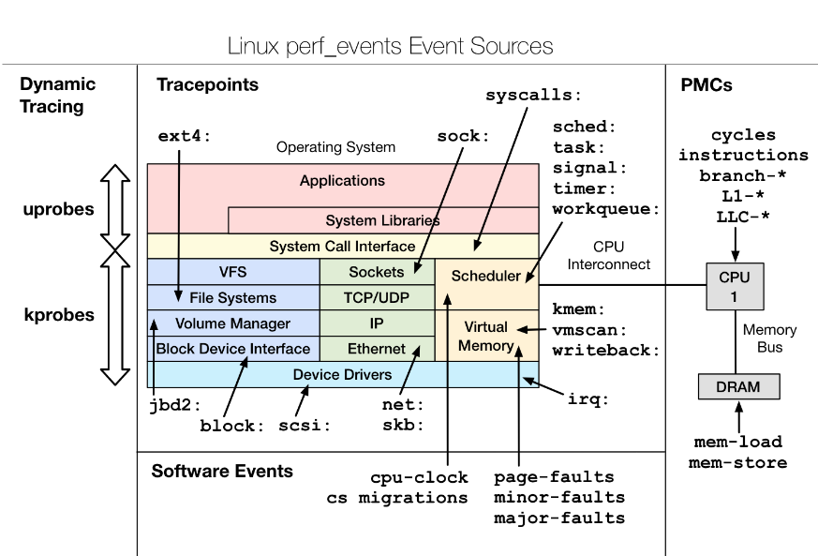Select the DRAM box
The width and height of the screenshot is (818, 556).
click(738, 386)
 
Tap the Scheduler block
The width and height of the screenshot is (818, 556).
click(485, 276)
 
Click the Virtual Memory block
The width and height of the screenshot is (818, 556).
click(485, 336)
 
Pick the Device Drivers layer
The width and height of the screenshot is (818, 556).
click(342, 374)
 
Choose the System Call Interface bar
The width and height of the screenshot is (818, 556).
click(342, 247)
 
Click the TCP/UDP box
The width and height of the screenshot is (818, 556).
click(377, 298)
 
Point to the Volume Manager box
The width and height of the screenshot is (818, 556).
click(233, 323)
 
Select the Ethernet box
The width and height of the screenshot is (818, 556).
click(377, 349)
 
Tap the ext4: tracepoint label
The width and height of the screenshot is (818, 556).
click(185, 136)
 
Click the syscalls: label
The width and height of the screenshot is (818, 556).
click(533, 96)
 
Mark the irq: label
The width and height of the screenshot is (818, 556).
click(588, 399)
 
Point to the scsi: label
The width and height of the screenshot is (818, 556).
click(305, 425)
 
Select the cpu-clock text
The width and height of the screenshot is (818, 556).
click(418, 477)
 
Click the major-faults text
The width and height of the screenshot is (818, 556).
click(559, 518)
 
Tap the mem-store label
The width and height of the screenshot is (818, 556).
click(738, 462)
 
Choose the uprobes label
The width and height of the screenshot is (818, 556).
click(58, 209)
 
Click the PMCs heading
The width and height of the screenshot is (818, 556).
click(706, 85)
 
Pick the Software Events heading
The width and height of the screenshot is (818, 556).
click(222, 472)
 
